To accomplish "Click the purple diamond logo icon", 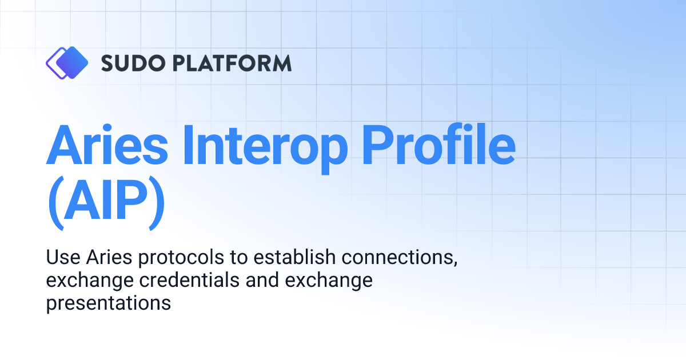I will tap(67, 62).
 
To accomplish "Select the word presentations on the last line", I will tap(109, 303).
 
